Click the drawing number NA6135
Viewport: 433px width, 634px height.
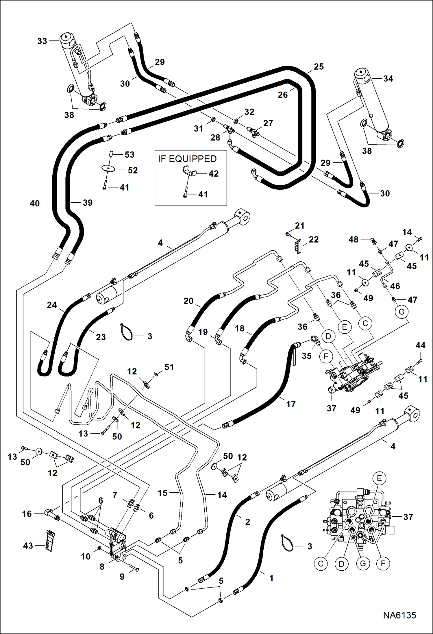pos(399,615)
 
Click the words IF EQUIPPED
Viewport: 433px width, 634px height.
pos(187,159)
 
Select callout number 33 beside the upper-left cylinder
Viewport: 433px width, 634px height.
pos(42,41)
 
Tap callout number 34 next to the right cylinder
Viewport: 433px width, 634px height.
pos(388,79)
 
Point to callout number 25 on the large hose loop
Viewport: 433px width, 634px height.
pos(319,66)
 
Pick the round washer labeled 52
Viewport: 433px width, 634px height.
pos(108,168)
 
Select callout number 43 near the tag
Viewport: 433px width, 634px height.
pos(28,546)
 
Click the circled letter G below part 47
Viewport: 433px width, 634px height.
pos(401,312)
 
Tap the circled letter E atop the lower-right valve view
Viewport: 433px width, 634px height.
pos(379,478)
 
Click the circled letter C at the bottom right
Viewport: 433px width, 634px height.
pos(321,563)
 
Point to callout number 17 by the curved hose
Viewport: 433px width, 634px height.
pos(291,404)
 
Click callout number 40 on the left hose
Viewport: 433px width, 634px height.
pos(35,203)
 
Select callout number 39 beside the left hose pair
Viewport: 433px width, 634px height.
pos(88,203)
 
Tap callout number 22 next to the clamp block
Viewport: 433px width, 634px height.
pos(314,239)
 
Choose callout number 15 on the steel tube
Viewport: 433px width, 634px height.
pos(162,493)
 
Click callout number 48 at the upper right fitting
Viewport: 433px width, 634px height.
pos(353,239)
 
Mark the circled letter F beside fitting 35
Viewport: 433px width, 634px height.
pos(326,356)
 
